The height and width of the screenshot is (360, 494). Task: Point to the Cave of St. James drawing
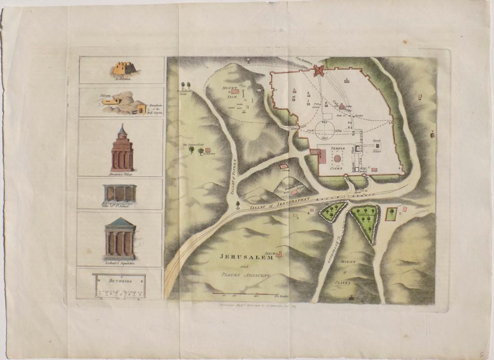pos(119,193)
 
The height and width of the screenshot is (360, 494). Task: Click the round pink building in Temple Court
pos(336,159)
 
